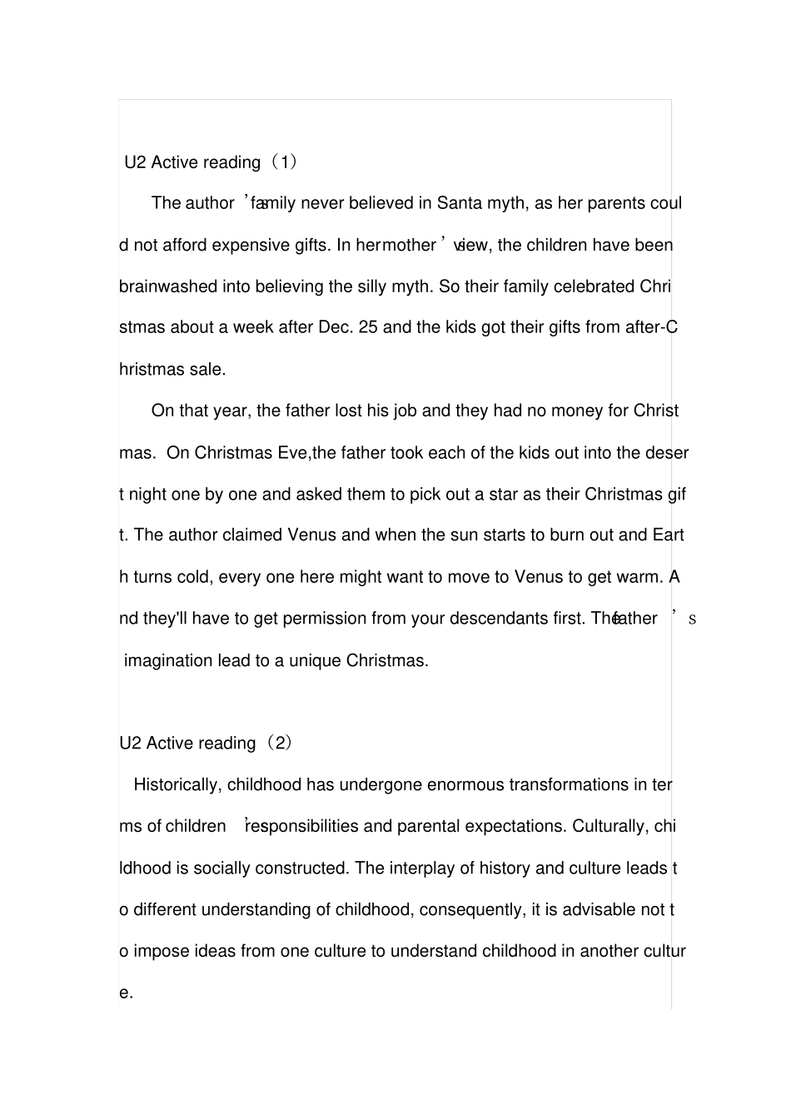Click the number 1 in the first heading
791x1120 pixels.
[284, 162]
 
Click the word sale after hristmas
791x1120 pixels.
[207, 370]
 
